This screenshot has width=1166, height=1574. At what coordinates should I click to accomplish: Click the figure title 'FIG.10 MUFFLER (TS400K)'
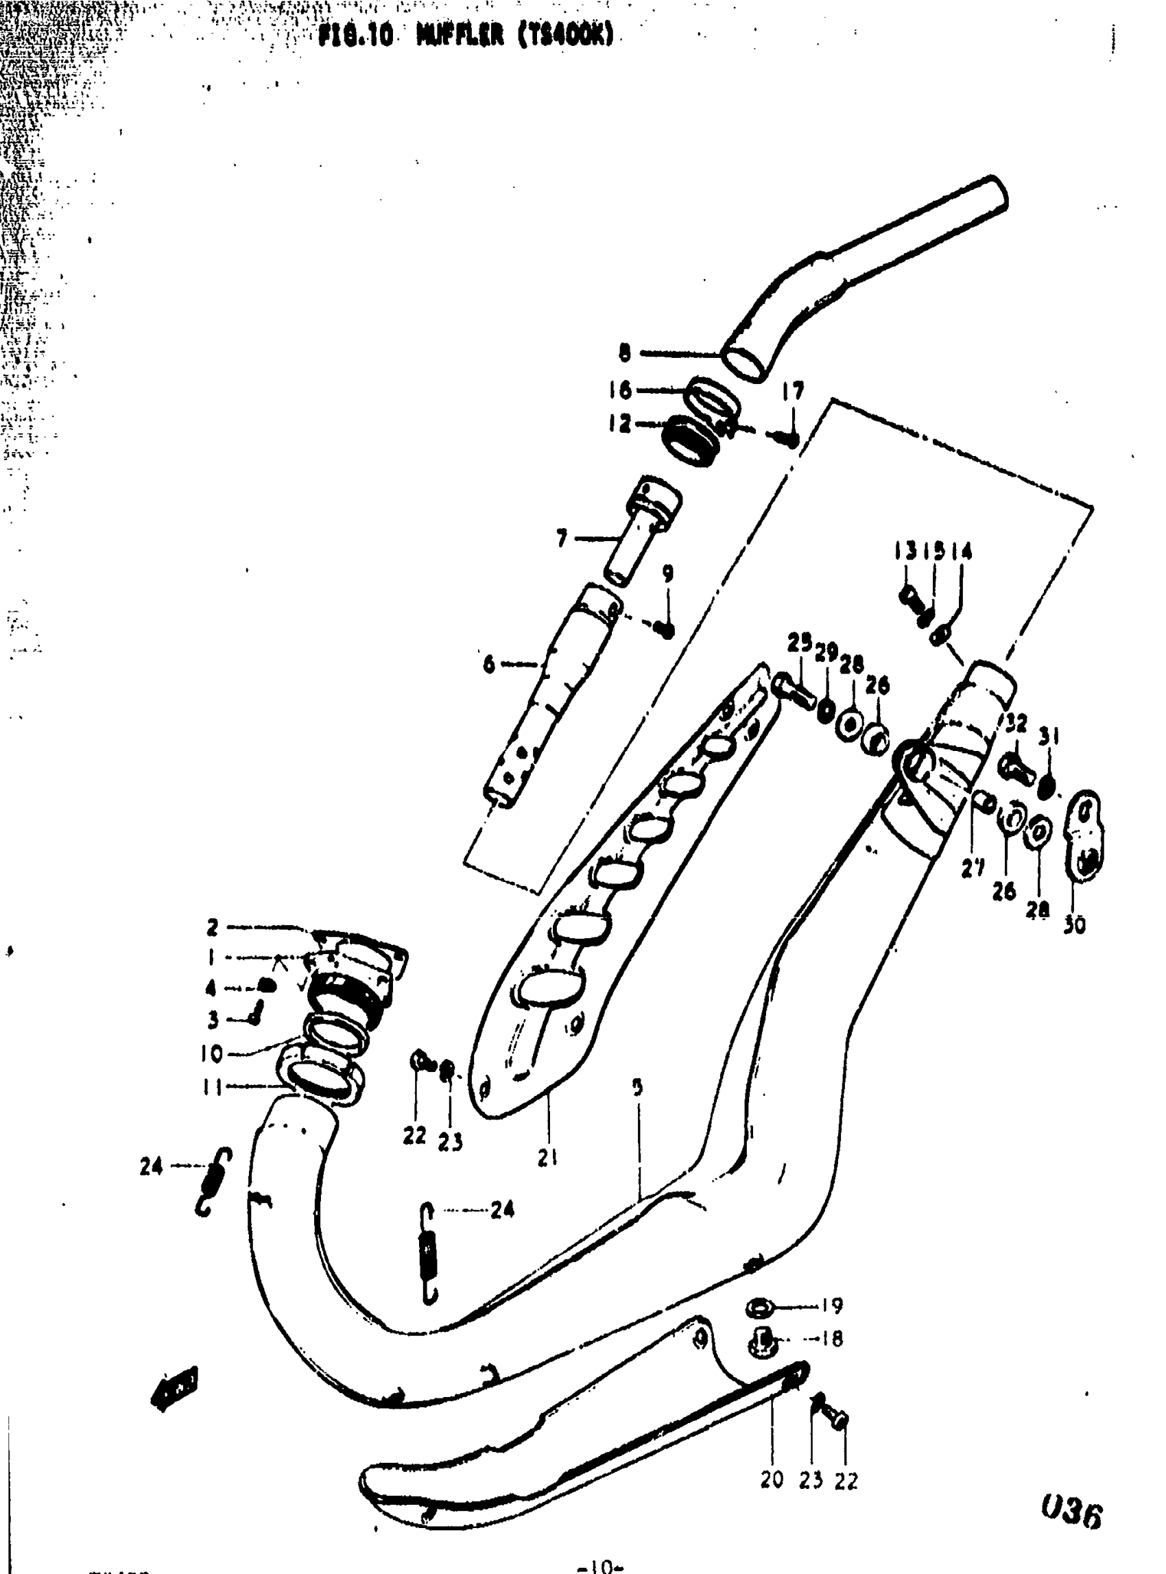(465, 34)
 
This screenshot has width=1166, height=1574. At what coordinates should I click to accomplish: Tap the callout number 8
(625, 353)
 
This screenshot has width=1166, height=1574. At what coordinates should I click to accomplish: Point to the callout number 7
(562, 539)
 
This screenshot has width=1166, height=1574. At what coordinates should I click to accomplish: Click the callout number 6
(489, 664)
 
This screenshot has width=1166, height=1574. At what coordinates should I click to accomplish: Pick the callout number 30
(1073, 925)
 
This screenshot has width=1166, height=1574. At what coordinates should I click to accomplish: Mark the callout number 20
(772, 1480)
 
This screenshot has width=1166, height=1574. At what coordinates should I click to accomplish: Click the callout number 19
(833, 1306)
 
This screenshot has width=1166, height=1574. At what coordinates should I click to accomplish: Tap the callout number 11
(212, 1088)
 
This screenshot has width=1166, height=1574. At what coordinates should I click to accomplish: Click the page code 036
(1071, 1514)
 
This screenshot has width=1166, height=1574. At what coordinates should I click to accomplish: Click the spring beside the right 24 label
(429, 1252)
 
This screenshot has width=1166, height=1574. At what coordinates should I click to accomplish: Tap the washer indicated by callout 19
(758, 1307)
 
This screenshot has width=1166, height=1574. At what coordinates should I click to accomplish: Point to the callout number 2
(213, 927)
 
